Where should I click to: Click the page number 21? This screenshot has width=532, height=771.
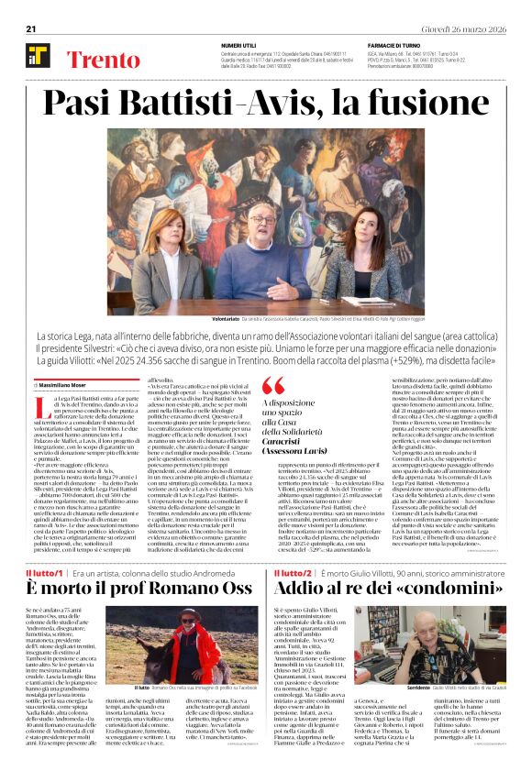click(x=31, y=28)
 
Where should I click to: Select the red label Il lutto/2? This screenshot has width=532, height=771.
click(x=292, y=547)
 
